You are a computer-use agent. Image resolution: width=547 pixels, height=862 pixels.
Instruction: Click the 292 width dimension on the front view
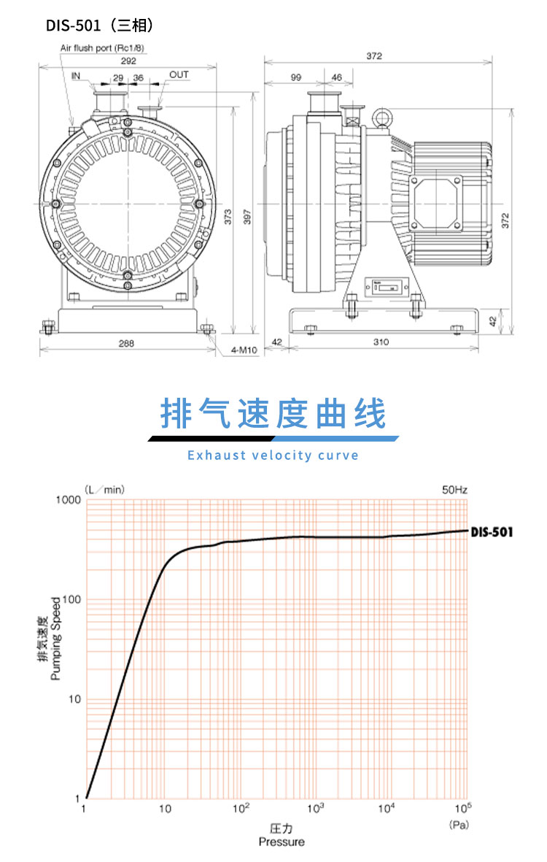pos(128,61)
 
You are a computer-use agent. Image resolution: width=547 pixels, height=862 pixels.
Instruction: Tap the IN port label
pos(77,75)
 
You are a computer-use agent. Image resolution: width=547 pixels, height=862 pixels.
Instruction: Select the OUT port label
pos(179,75)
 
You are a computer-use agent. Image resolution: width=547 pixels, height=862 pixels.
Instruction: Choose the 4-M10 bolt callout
pos(242,350)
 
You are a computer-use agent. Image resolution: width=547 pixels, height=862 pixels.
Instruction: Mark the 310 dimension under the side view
pos(381,342)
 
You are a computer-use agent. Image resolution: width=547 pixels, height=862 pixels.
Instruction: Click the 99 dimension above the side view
pos(295,77)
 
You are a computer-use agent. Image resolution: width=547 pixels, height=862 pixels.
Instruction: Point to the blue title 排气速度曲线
pos(273,415)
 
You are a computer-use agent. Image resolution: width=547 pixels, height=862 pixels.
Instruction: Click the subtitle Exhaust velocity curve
pos(273,455)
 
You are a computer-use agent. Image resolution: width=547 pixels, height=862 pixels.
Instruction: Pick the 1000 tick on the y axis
pos(67,500)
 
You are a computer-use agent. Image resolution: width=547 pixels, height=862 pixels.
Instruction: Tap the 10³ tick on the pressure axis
pos(315,808)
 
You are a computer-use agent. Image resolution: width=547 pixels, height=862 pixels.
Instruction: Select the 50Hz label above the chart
pos(454,489)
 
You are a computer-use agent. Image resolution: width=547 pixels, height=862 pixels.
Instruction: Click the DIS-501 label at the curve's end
pos(492,531)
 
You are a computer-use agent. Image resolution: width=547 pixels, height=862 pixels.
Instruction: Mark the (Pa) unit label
pos(458,825)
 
